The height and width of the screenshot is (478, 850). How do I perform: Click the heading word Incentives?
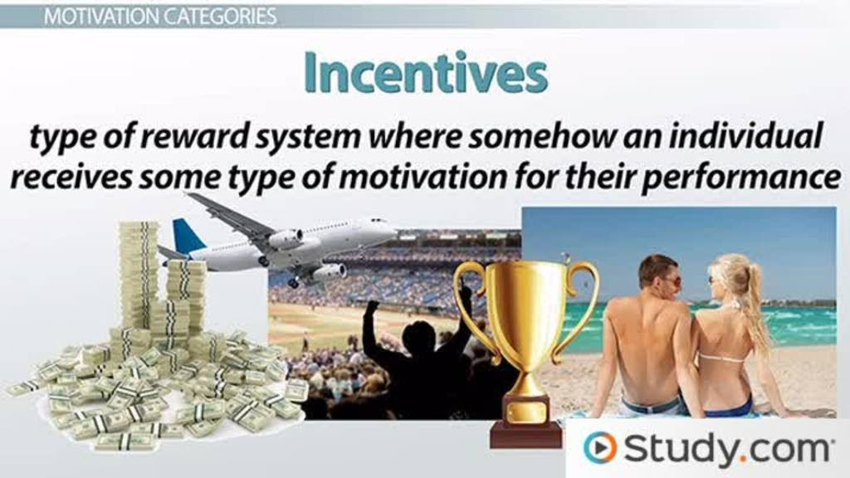426,73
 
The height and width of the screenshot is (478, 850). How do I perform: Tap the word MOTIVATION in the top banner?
100,17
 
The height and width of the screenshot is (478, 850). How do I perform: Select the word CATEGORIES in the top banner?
219,17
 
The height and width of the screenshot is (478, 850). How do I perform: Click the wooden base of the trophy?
525,433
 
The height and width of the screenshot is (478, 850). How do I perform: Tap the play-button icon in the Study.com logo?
599,447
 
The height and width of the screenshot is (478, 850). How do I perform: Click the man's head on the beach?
658,274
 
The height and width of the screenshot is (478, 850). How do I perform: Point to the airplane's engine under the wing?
286,239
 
